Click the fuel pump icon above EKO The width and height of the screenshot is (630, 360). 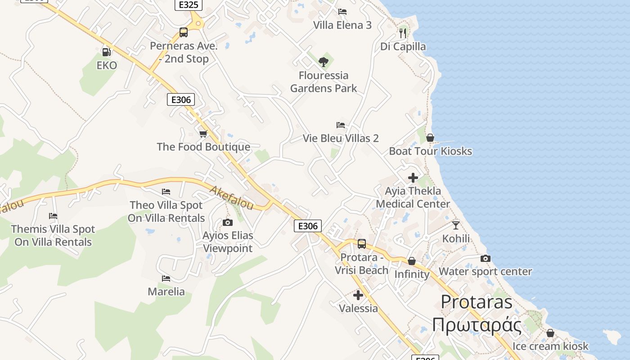[x=106, y=52]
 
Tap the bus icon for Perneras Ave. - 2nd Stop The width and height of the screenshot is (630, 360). [x=183, y=32]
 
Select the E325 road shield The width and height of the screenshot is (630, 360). [x=188, y=5]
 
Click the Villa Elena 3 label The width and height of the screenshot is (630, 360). [x=342, y=25]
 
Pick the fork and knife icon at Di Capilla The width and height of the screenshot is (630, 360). [x=403, y=33]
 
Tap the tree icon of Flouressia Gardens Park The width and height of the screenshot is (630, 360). [x=323, y=62]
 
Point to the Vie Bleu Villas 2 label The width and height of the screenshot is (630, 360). [x=341, y=138]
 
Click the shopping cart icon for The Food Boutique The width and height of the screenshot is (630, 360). [x=203, y=134]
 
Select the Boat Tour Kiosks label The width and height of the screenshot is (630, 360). [x=430, y=151]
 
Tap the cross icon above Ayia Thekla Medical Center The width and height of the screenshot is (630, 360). [x=413, y=178]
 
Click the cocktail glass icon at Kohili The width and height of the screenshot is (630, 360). [x=456, y=225]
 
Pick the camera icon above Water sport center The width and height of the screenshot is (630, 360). [x=485, y=258]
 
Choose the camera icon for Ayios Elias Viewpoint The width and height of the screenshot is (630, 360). [x=228, y=222]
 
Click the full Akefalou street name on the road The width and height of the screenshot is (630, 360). [x=232, y=198]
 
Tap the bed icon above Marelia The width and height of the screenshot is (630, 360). [x=166, y=279]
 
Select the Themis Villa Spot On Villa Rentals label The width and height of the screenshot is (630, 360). [x=53, y=235]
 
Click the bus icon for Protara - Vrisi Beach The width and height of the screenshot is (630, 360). [x=361, y=244]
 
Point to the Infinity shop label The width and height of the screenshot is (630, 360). [x=412, y=274]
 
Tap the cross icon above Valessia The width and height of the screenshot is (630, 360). [x=358, y=295]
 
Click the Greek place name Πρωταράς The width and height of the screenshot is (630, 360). [x=477, y=325]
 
